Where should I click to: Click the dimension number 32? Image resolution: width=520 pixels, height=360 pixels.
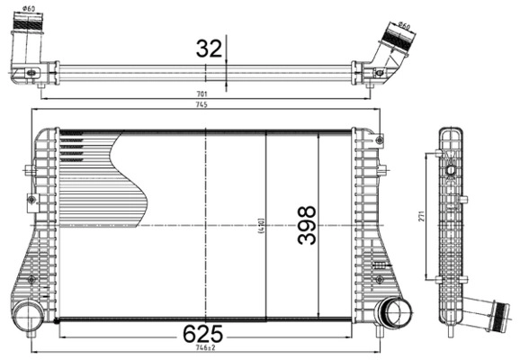pyautogui.click(x=209, y=49)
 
